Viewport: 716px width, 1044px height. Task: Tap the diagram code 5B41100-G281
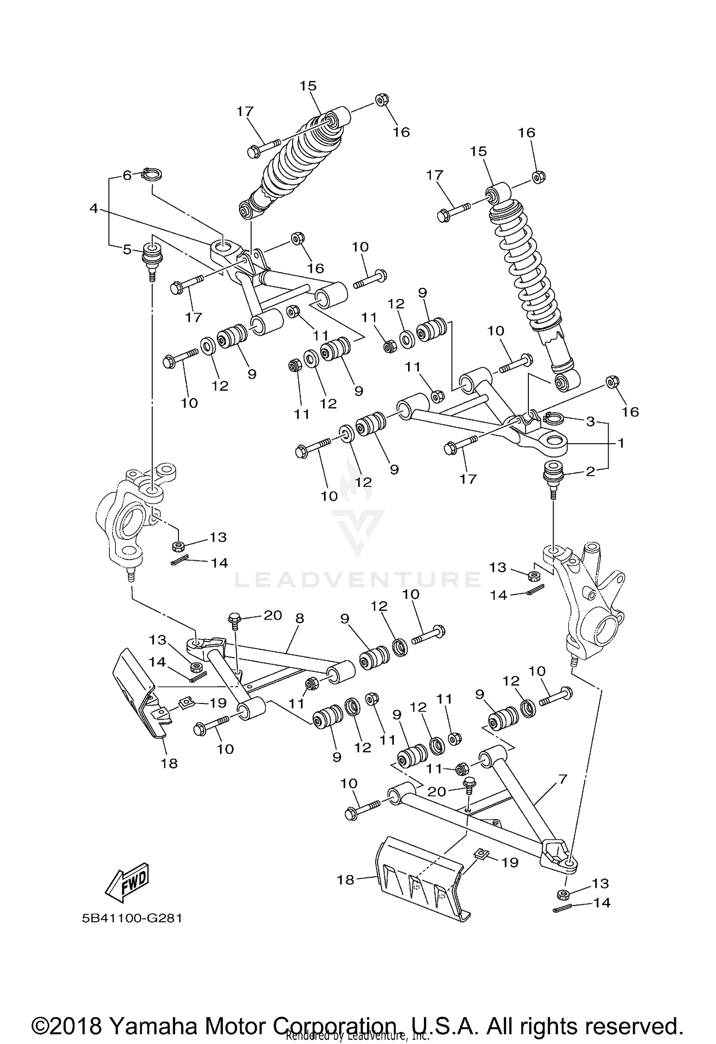pos(132,918)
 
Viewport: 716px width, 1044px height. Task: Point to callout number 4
pos(94,208)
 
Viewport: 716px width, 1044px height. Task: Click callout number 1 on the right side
pos(621,443)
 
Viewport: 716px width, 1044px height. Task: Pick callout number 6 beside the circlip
pos(127,175)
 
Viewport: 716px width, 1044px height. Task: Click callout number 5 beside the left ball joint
pos(127,249)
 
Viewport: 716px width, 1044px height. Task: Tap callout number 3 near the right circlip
pos(590,421)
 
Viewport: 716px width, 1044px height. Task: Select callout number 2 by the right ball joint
pos(590,472)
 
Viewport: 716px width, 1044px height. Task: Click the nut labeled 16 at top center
pos(381,100)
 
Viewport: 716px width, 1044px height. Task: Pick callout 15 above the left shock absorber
pos(308,86)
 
